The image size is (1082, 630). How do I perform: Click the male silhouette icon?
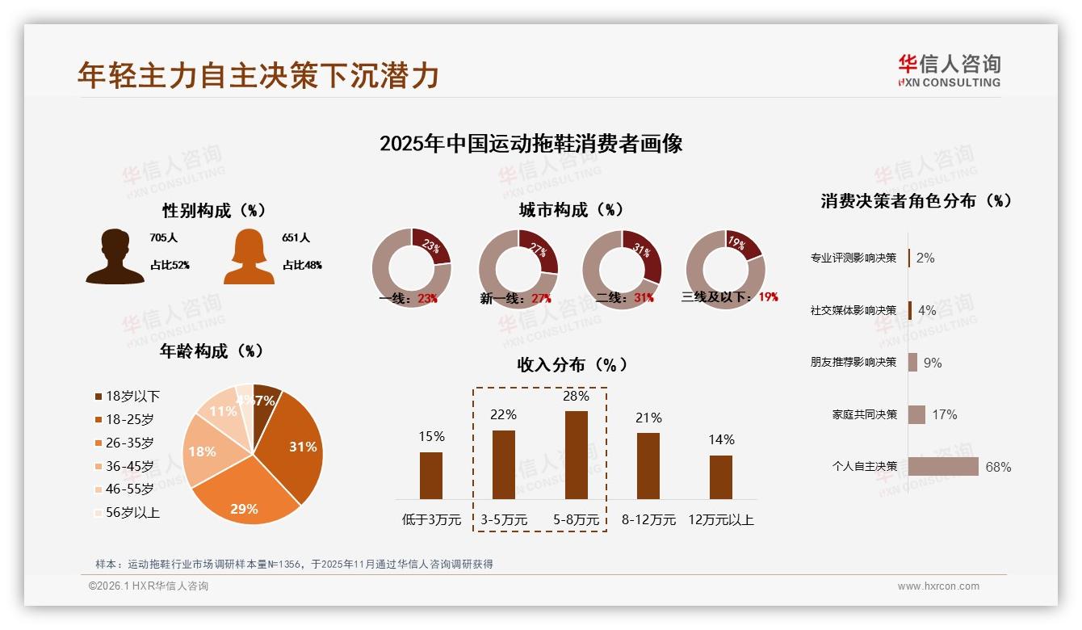point(115,257)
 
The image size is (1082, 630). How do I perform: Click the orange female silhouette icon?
point(248,257)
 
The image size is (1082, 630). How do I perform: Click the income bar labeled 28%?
point(577,455)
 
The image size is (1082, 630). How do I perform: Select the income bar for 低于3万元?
point(431,475)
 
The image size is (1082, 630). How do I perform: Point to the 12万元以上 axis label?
point(720,519)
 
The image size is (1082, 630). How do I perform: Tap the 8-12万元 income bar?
point(648,465)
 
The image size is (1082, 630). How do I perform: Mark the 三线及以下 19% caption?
point(730,296)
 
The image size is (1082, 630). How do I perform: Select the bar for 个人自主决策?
point(943,466)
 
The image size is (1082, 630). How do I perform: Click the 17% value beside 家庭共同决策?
point(944,414)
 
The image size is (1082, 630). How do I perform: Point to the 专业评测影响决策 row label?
point(853,258)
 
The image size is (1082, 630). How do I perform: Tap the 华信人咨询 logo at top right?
point(949,70)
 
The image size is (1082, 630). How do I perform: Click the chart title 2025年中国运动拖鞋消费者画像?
point(531,144)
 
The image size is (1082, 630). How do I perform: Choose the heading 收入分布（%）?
point(572,364)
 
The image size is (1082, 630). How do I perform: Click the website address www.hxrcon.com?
point(938,586)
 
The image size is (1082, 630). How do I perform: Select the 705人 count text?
point(163,238)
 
